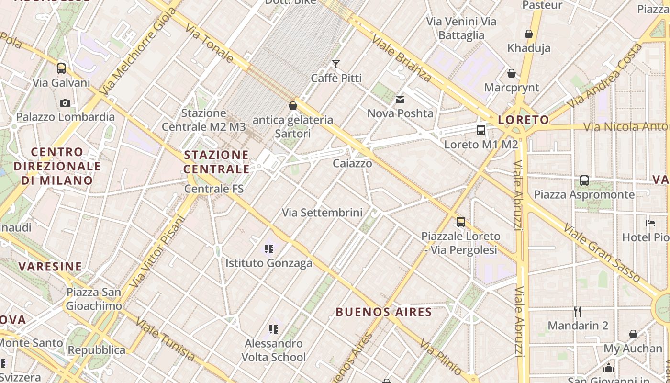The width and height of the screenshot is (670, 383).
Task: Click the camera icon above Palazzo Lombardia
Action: [65, 103]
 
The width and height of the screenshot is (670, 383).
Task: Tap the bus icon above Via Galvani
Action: [61, 68]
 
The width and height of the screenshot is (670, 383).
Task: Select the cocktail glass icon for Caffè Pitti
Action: [336, 64]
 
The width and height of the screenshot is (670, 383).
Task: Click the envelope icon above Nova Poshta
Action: [400, 100]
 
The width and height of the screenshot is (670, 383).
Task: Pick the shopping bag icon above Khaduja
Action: [529, 34]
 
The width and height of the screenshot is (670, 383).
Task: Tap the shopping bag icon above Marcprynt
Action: [512, 74]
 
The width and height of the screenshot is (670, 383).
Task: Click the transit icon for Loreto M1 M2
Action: [481, 130]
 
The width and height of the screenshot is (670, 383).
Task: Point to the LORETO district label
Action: [524, 120]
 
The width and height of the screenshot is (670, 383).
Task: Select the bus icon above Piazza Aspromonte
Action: [584, 180]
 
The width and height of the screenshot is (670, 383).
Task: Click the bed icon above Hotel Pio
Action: [650, 223]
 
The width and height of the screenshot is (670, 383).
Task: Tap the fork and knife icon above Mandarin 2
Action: [578, 312]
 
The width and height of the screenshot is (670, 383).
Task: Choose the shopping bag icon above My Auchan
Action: [633, 334]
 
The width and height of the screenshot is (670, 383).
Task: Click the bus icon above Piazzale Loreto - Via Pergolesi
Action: [461, 222]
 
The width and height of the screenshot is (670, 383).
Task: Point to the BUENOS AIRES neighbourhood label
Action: [384, 312]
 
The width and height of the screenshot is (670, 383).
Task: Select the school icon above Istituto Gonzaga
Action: [269, 249]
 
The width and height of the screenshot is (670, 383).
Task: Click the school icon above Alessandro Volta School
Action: [274, 329]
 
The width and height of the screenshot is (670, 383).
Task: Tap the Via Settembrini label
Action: [322, 212]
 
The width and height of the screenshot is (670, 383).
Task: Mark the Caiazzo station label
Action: [352, 163]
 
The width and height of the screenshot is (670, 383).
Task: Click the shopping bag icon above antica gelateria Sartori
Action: [293, 106]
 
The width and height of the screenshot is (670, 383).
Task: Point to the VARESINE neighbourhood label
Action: [50, 266]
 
